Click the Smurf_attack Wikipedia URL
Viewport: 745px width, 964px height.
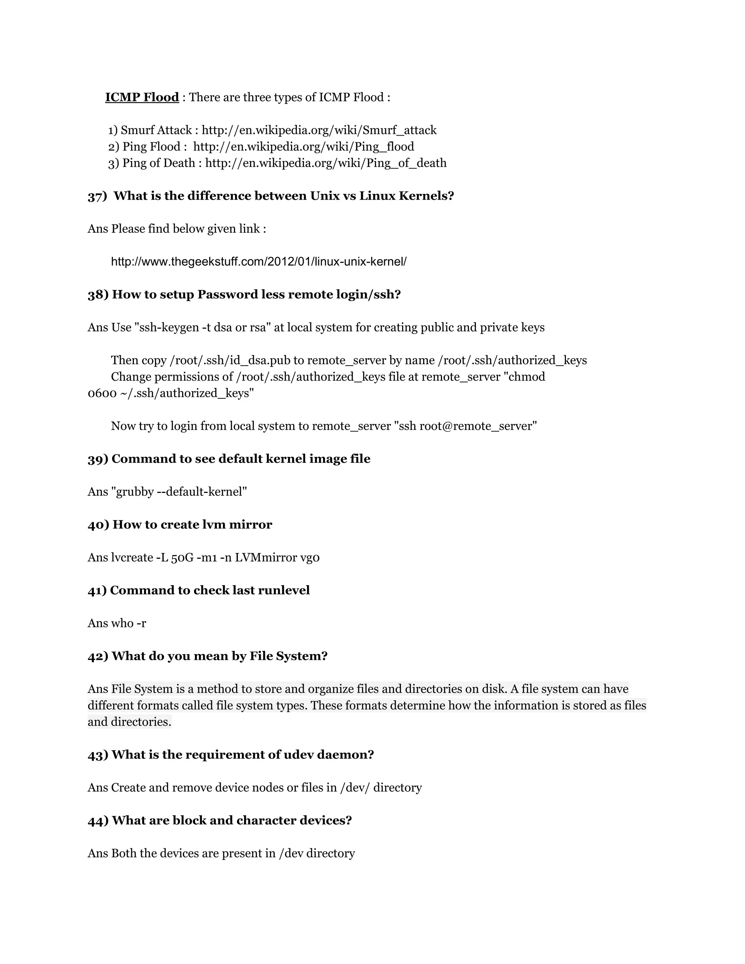click(x=319, y=130)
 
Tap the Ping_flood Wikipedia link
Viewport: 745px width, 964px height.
click(x=304, y=147)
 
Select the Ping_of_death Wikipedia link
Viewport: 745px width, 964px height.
click(x=326, y=163)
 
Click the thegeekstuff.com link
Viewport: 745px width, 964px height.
click(x=259, y=262)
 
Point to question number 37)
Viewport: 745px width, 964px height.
click(x=97, y=196)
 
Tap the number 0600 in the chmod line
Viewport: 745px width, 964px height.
click(x=102, y=393)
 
